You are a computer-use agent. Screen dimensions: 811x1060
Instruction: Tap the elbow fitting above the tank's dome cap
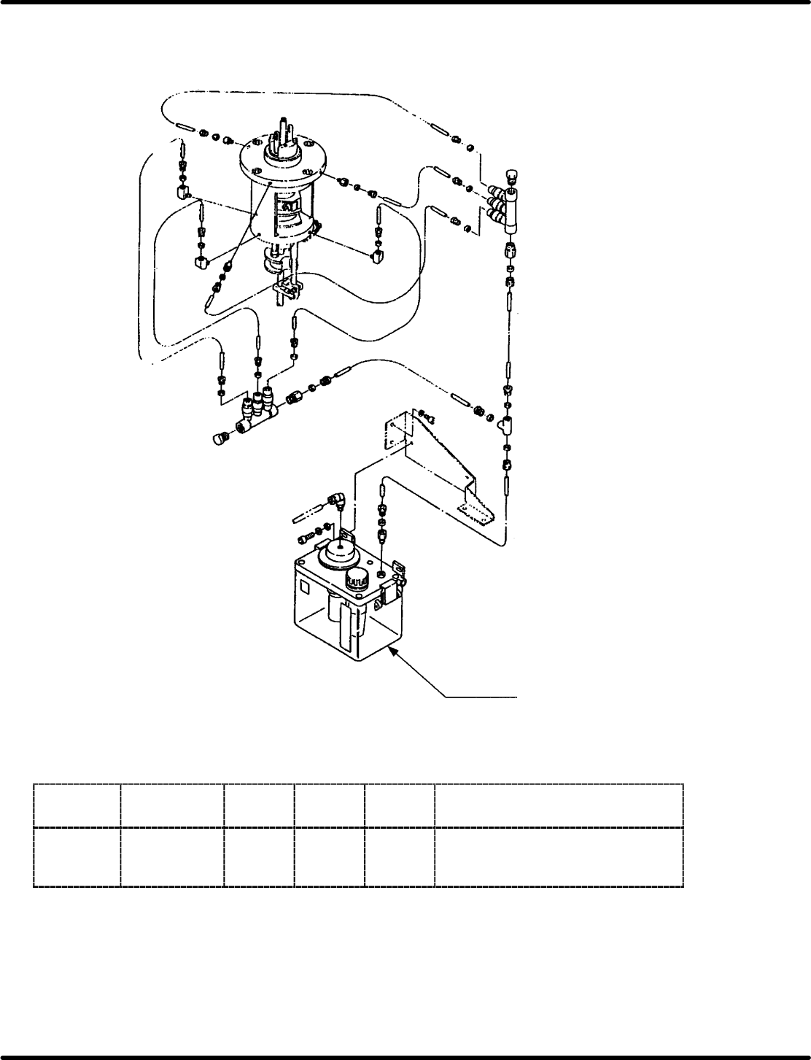tap(336, 501)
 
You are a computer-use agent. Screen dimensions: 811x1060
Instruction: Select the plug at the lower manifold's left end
tap(220, 439)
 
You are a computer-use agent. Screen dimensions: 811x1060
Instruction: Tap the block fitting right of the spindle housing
tap(378, 255)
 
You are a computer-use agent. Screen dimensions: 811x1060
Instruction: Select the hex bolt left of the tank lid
tap(305, 538)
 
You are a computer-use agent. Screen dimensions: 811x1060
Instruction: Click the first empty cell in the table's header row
tap(77, 805)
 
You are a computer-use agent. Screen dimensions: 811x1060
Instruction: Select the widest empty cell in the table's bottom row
tap(559, 856)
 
